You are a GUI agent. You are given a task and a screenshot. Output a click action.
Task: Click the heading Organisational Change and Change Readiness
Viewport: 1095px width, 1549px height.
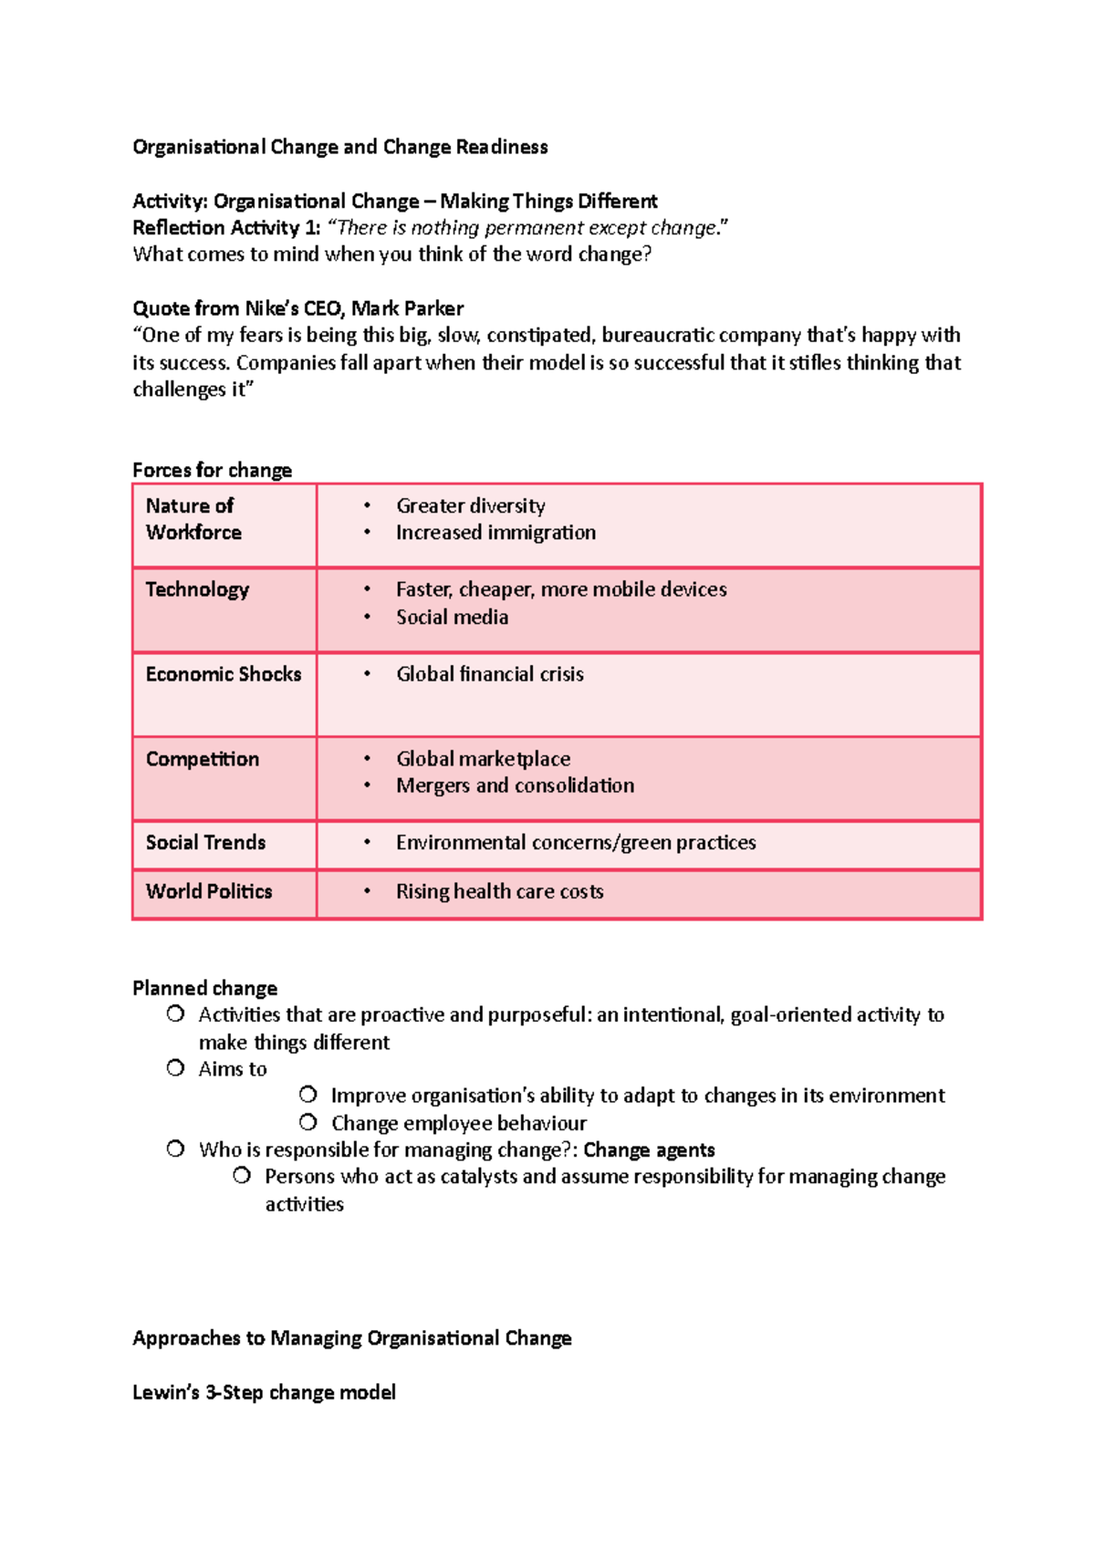point(339,147)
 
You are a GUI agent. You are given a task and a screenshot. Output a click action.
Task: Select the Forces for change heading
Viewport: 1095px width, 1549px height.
point(212,470)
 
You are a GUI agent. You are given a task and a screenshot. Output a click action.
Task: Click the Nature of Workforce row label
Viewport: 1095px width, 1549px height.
point(193,519)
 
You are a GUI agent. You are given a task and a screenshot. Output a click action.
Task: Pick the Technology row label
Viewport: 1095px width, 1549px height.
point(197,589)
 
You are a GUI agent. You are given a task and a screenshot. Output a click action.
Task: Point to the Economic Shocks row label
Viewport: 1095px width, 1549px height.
point(224,674)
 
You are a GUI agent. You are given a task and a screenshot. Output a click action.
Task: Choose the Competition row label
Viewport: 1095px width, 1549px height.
point(203,759)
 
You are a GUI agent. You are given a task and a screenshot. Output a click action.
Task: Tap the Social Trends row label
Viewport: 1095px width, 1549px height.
point(205,843)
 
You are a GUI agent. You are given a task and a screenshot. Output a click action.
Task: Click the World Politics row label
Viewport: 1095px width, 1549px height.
point(209,891)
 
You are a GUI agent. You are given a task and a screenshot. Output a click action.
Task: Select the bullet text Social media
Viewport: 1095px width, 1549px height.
point(452,617)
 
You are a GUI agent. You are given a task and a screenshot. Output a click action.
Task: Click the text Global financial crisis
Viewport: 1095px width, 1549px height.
point(490,674)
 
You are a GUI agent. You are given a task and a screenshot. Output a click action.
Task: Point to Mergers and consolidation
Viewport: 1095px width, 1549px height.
point(515,785)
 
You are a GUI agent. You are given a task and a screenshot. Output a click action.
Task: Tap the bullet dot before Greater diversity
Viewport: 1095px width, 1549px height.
point(367,505)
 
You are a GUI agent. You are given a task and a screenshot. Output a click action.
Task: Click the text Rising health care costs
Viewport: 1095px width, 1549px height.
point(499,891)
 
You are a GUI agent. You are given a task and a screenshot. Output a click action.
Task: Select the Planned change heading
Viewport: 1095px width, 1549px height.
point(204,988)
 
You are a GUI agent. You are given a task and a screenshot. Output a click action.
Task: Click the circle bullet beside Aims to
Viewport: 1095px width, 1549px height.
point(175,1068)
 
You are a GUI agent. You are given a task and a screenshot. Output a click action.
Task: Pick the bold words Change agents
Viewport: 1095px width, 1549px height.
point(649,1149)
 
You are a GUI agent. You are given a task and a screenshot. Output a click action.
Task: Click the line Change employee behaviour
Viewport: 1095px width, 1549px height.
point(458,1123)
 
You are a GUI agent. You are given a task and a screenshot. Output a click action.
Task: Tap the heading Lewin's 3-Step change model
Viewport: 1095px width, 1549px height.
point(264,1392)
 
